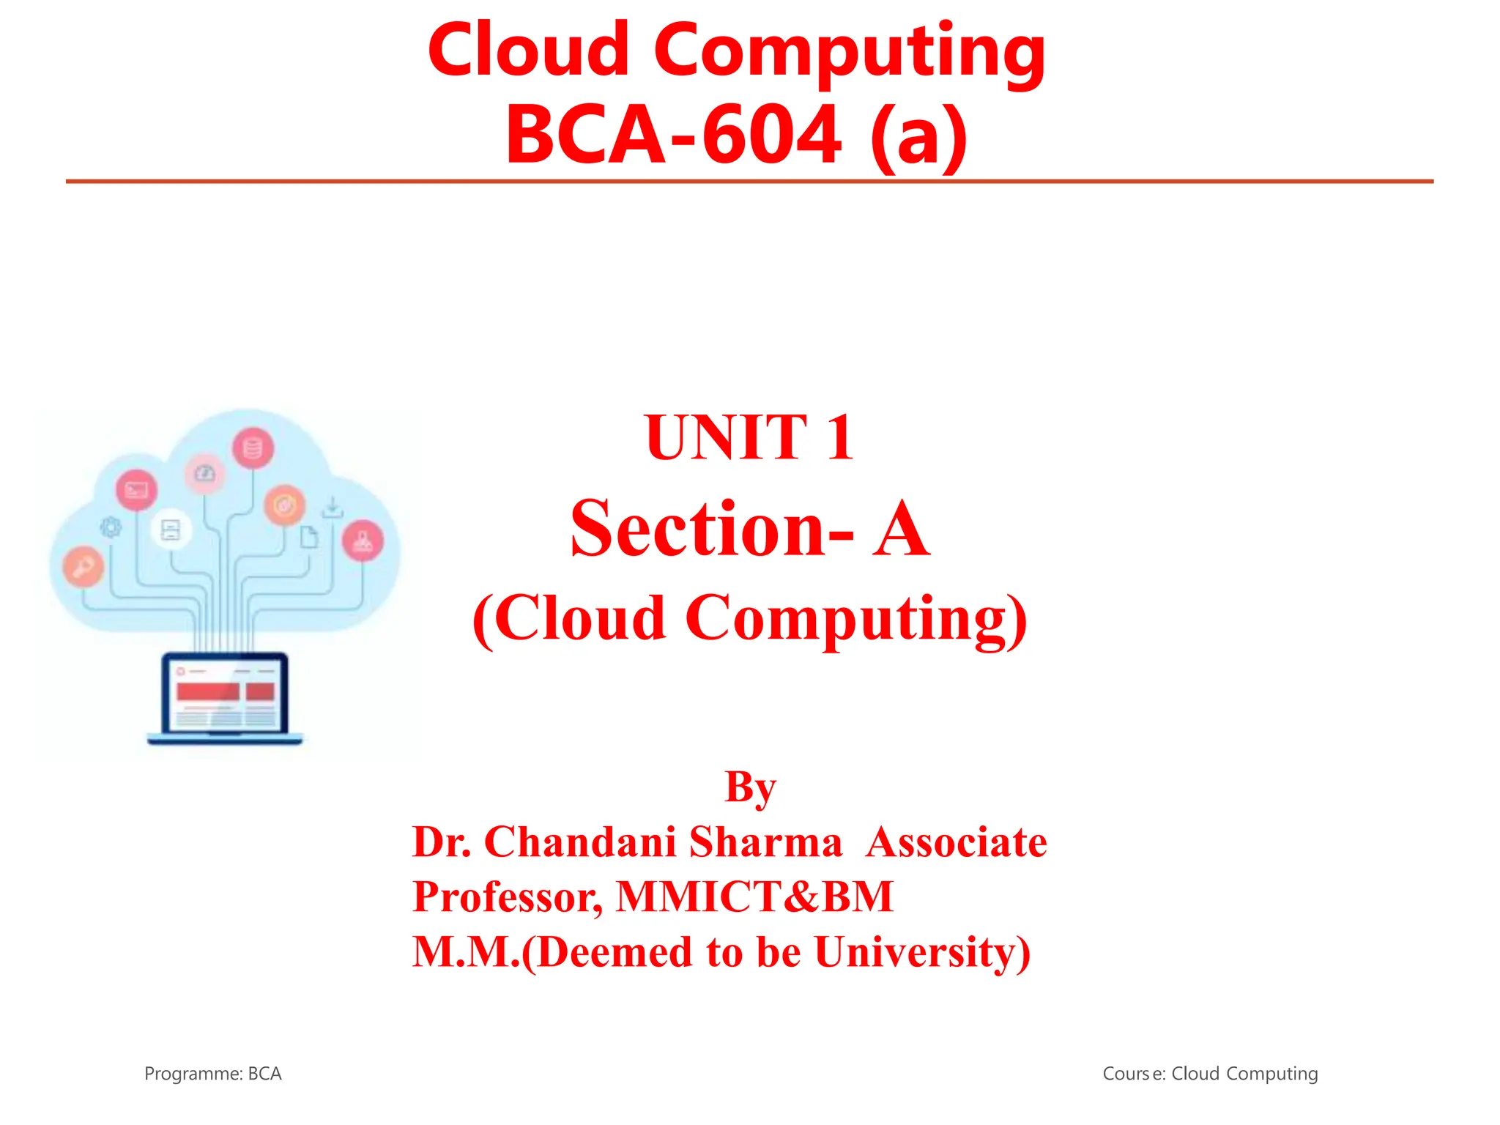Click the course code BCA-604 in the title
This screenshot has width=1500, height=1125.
(672, 135)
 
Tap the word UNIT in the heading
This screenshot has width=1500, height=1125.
(726, 438)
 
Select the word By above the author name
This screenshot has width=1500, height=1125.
(750, 788)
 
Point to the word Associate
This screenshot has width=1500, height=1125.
(956, 842)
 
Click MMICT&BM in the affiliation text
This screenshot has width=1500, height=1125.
(754, 896)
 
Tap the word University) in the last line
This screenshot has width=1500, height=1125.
(922, 952)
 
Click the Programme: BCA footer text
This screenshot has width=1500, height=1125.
(212, 1074)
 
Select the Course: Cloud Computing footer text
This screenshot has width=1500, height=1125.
(1210, 1074)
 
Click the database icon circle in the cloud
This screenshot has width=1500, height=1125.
(253, 448)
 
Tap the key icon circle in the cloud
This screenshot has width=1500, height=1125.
(83, 566)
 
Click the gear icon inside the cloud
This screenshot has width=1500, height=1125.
(111, 527)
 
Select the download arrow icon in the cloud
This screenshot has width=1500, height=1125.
(333, 507)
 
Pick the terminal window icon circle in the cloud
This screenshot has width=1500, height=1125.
(136, 489)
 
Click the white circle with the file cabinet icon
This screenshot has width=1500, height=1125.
(171, 529)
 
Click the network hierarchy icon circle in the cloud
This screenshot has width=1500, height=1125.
(363, 541)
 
